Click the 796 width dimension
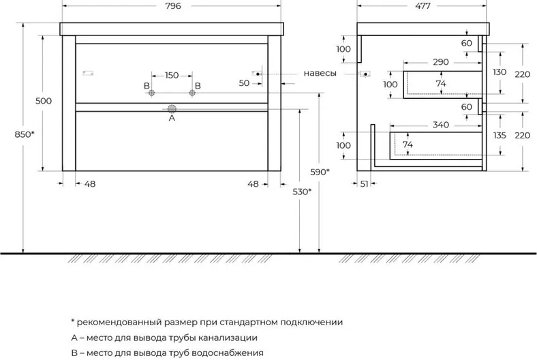[x=173, y=6]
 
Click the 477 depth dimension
[x=423, y=6]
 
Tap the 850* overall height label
[x=25, y=134]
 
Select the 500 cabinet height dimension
[x=44, y=101]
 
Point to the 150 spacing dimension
[x=172, y=75]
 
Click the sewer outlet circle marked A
[x=172, y=109]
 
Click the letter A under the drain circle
[x=172, y=118]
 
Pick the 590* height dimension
[x=320, y=172]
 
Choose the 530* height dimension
[x=302, y=192]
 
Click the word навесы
[x=320, y=73]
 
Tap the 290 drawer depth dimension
[x=440, y=62]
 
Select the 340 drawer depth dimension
[x=440, y=125]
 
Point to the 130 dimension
[x=500, y=72]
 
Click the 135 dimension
[x=500, y=135]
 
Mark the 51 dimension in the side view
[x=364, y=184]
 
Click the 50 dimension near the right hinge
[x=244, y=83]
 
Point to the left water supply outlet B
[x=151, y=93]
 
